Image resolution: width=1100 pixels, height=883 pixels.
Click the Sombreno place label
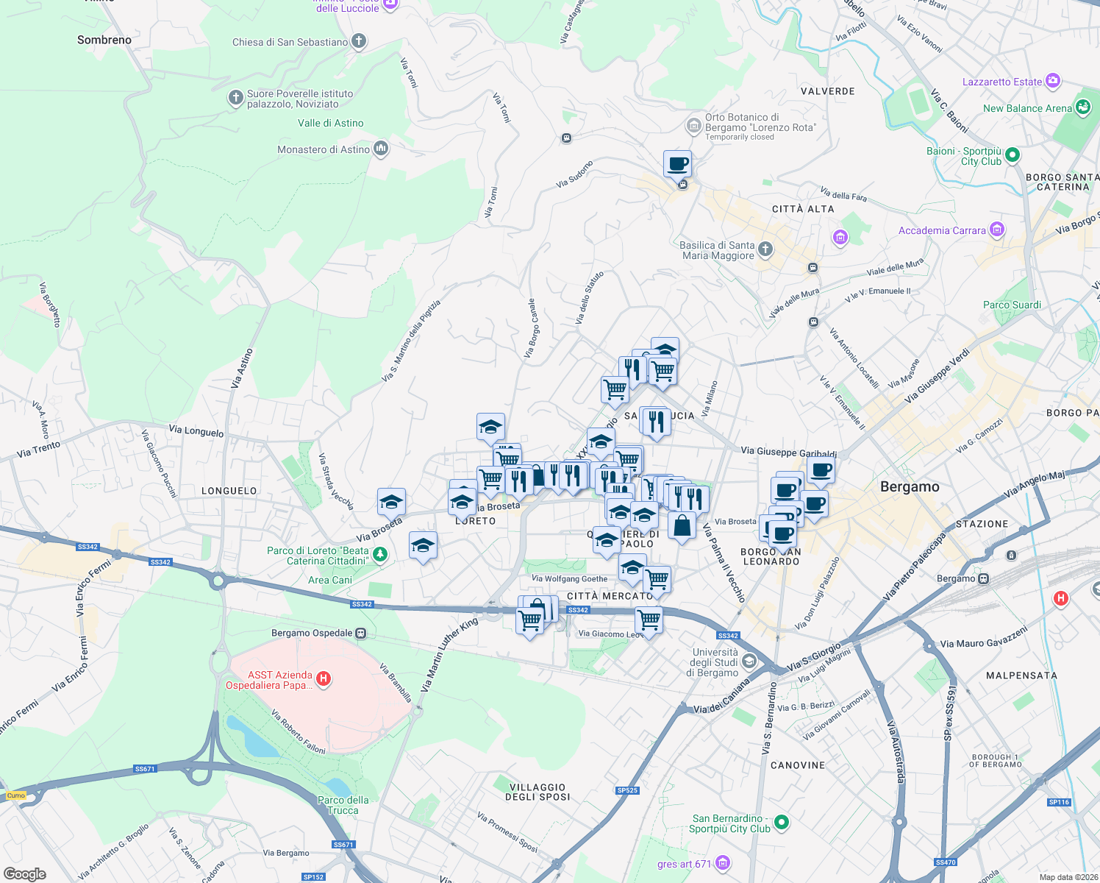coord(104,40)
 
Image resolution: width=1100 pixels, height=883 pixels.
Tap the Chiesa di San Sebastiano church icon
coord(359,41)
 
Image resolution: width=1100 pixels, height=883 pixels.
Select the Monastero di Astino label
coord(324,149)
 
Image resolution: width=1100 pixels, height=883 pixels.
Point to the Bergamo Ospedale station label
coord(312,633)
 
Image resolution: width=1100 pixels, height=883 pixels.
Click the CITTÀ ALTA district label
coord(803,209)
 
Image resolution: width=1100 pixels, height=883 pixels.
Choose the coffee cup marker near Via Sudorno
coord(677,164)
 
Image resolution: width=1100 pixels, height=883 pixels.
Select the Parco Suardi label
coord(1012,305)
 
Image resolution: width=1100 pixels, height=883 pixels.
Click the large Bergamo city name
coord(910,486)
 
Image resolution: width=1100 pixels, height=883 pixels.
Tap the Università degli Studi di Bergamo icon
coord(749,661)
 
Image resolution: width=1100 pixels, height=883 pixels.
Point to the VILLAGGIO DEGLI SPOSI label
coord(538,792)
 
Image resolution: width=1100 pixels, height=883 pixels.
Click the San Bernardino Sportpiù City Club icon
coord(782,822)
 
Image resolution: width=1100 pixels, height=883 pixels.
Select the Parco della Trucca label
coord(343,805)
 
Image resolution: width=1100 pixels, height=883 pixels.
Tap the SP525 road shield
coord(627,790)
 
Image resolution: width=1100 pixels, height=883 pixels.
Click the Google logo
coord(25,873)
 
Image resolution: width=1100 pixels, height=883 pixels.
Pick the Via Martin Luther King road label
coord(449,654)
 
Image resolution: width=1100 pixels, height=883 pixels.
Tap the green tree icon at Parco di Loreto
coord(380,555)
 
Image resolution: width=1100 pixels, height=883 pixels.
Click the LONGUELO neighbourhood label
coord(229,491)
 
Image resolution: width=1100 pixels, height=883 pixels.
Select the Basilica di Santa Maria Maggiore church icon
coord(765,249)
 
